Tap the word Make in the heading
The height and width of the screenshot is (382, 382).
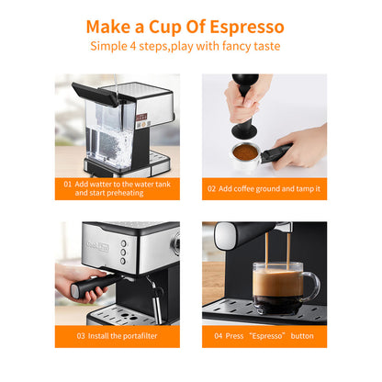click(x=112, y=26)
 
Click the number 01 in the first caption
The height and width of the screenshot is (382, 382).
click(x=68, y=184)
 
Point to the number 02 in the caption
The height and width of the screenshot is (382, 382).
click(x=212, y=188)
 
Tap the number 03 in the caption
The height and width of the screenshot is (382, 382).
click(x=81, y=335)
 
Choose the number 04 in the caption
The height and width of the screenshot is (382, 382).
click(x=219, y=335)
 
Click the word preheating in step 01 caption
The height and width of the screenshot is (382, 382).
click(x=123, y=194)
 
